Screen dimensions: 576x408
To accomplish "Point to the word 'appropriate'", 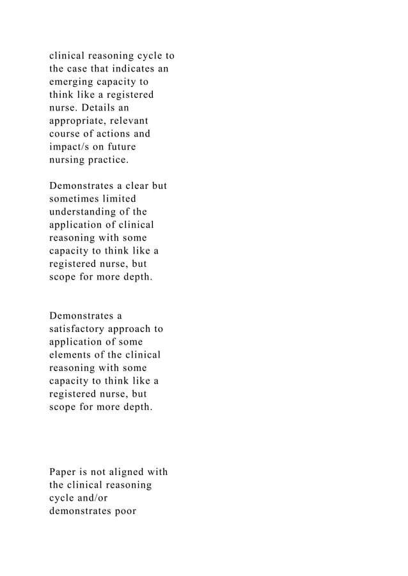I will point(80,121).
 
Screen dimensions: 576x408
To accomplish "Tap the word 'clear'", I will point(134,186).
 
